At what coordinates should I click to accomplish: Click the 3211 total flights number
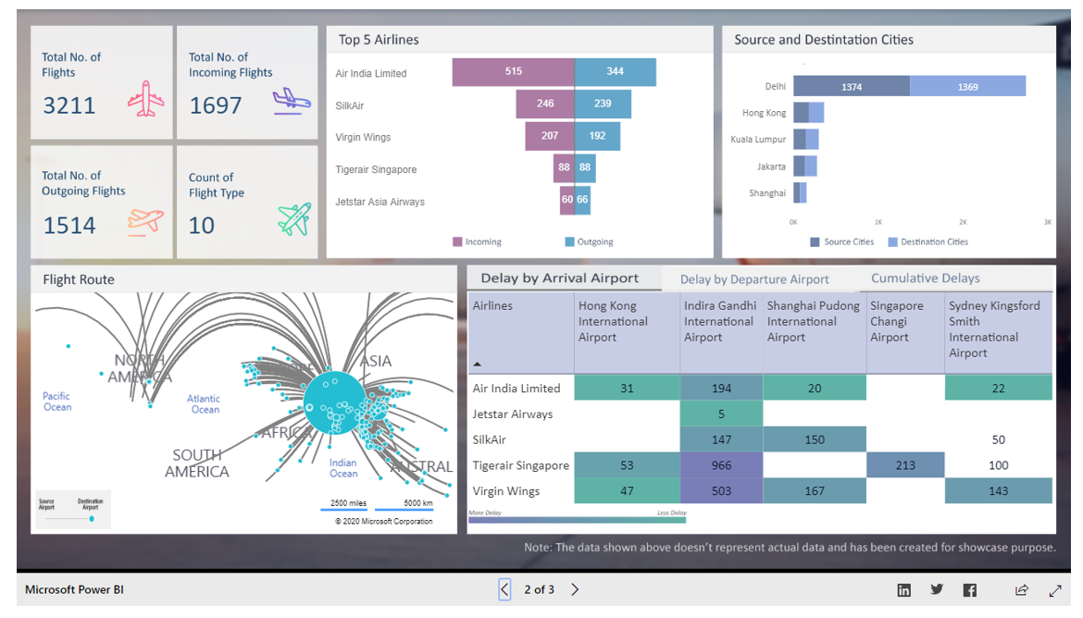point(68,105)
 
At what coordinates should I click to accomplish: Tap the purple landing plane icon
point(292,100)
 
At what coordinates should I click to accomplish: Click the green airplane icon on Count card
point(294,220)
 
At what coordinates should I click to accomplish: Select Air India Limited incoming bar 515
point(513,72)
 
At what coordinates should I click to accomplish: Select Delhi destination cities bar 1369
point(967,87)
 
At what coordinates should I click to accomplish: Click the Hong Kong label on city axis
point(764,113)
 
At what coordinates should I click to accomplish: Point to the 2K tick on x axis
point(963,223)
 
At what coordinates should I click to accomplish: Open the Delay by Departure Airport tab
point(754,279)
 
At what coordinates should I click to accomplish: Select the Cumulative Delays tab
point(925,278)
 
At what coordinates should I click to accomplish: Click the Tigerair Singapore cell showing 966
point(721,465)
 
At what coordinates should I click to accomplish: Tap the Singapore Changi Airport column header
point(896,321)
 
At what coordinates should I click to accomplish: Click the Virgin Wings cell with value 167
point(814,491)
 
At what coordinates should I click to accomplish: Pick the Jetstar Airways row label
point(512,414)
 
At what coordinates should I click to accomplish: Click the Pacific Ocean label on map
point(56,402)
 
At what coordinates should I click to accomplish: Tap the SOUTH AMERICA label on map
point(196,463)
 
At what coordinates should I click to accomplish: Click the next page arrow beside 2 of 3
point(575,589)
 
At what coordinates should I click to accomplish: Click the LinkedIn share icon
point(903,590)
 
